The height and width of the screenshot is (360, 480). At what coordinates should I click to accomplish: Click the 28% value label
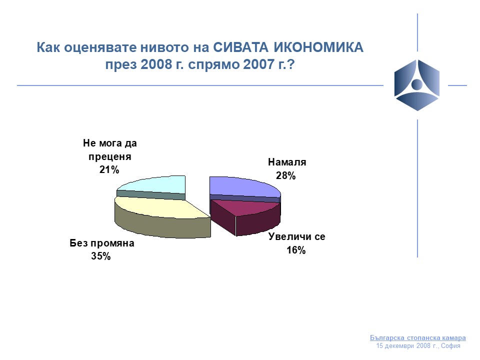tap(285, 175)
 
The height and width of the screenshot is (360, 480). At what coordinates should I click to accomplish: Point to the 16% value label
tap(296, 250)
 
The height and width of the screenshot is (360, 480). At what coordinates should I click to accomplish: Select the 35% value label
tap(100, 256)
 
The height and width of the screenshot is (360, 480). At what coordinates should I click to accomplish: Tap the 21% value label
tap(109, 169)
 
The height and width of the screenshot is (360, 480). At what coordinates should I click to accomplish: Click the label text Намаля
tap(287, 162)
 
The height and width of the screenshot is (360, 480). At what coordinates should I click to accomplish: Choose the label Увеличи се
tap(296, 236)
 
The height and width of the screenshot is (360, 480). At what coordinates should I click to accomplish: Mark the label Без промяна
tap(102, 243)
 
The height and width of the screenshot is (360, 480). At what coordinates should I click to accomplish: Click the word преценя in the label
tap(110, 156)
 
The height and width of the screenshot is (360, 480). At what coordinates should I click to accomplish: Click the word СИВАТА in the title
tap(240, 47)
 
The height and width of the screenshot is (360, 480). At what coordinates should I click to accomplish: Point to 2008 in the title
tap(156, 64)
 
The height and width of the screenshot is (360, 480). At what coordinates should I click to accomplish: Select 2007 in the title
tap(258, 64)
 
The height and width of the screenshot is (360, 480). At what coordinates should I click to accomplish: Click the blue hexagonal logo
tap(416, 85)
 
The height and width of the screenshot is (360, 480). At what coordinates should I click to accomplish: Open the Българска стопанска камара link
tap(418, 338)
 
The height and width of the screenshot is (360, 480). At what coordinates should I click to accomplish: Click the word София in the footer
tap(450, 346)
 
